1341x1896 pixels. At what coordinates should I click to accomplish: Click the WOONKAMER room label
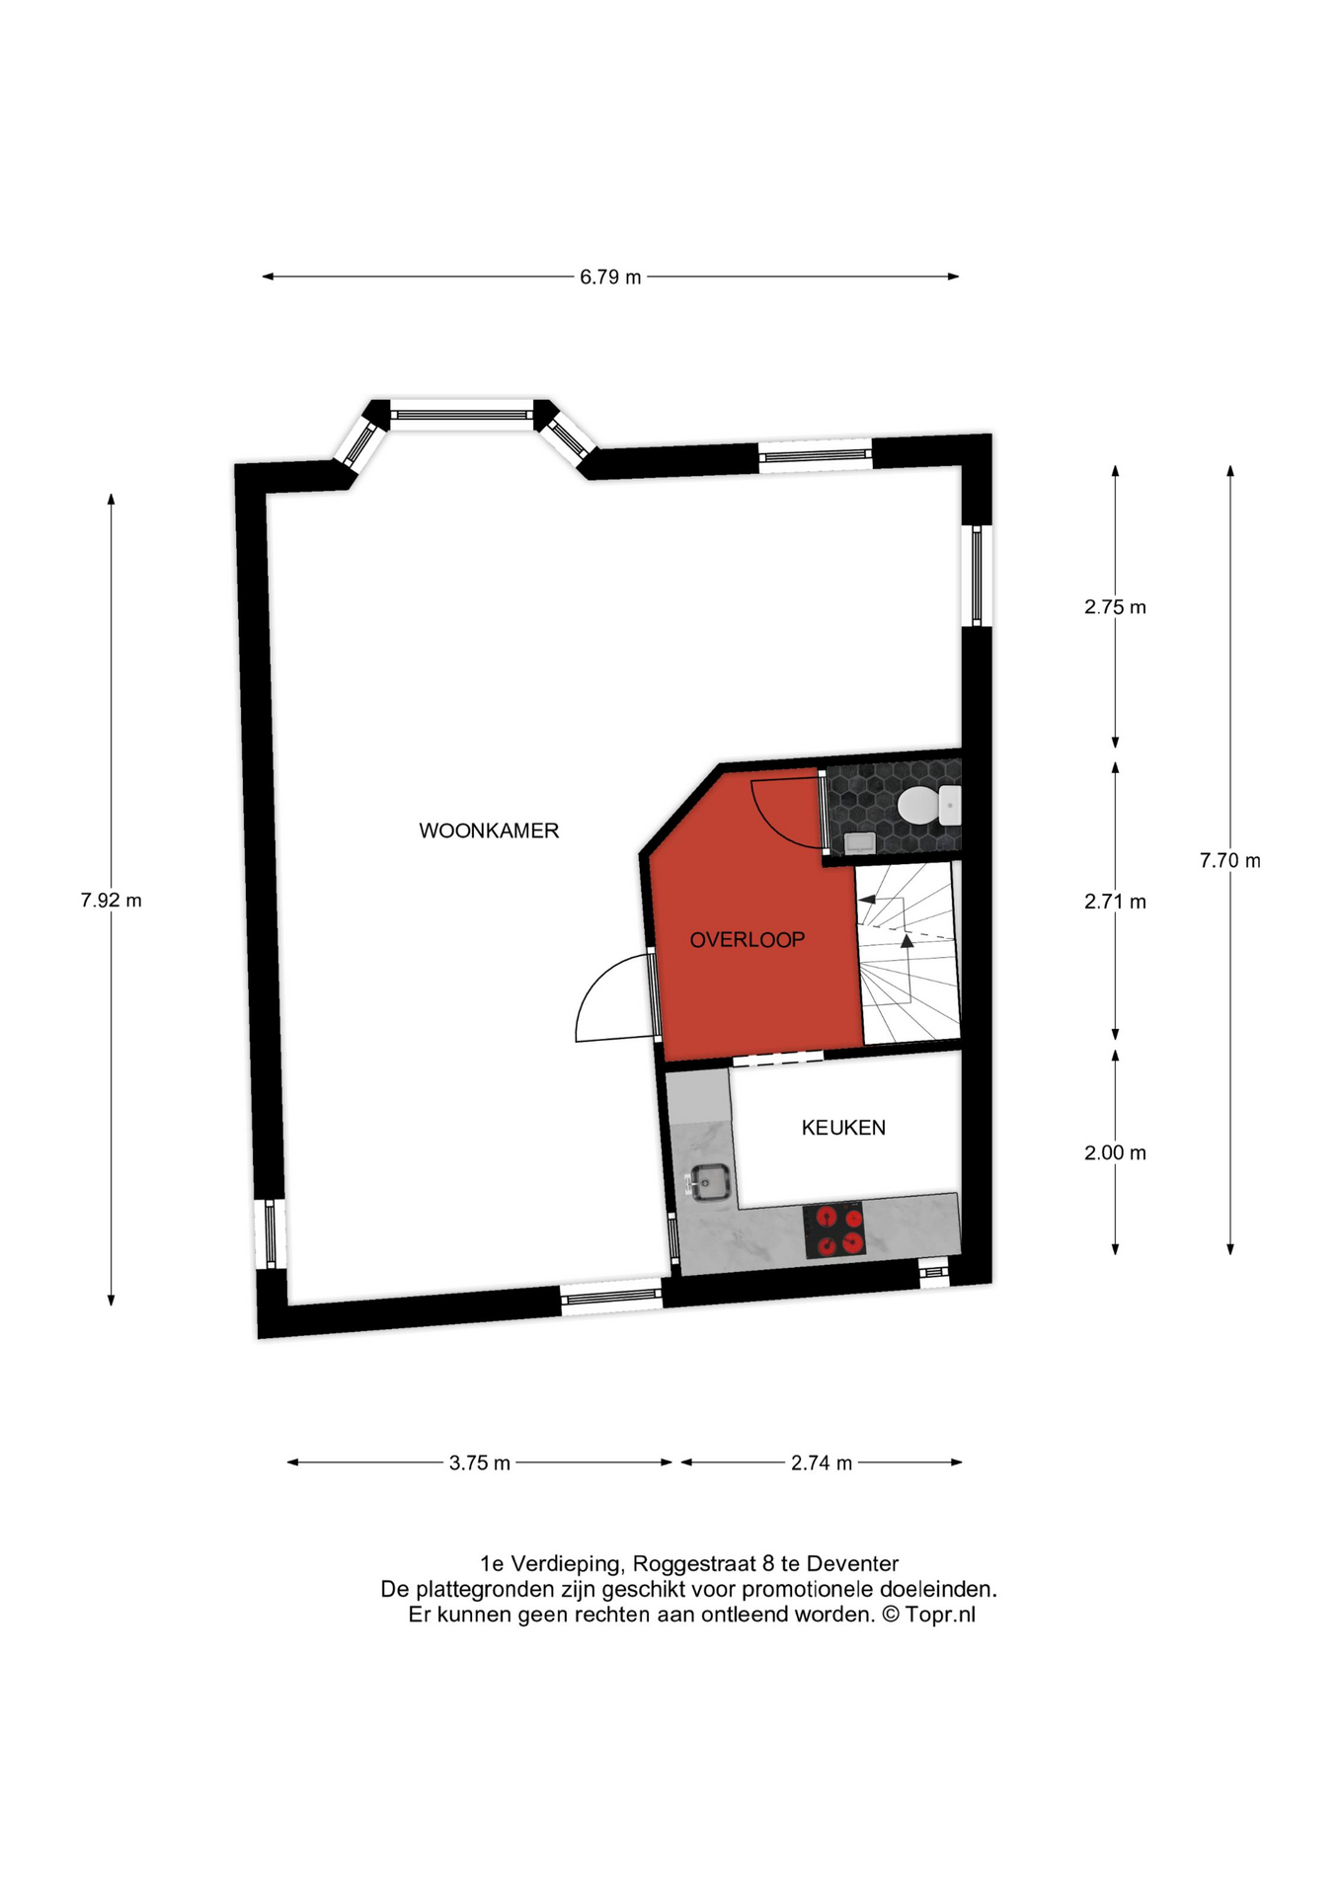point(489,831)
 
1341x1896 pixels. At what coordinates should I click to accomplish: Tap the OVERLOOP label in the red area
point(748,940)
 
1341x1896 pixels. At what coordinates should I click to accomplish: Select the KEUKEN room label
point(843,1128)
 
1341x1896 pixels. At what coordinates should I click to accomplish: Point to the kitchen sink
point(709,1181)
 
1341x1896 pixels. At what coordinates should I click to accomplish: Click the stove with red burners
point(835,1230)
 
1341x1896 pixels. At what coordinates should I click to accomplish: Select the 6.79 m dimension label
point(610,277)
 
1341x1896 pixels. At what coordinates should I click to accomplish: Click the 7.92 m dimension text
point(111,901)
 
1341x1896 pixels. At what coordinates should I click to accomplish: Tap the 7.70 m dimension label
point(1230,861)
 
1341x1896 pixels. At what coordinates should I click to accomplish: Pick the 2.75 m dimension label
point(1115,607)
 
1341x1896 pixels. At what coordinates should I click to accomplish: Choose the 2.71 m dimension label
point(1115,902)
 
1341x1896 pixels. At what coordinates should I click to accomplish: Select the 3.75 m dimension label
point(480,1463)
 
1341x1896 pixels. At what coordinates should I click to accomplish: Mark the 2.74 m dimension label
point(822,1463)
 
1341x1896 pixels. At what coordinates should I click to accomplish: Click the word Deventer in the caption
point(853,1564)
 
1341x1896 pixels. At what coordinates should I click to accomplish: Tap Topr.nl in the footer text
point(940,1616)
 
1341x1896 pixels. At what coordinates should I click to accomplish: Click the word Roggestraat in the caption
point(695,1564)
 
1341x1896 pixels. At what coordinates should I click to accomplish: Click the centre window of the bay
point(462,415)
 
